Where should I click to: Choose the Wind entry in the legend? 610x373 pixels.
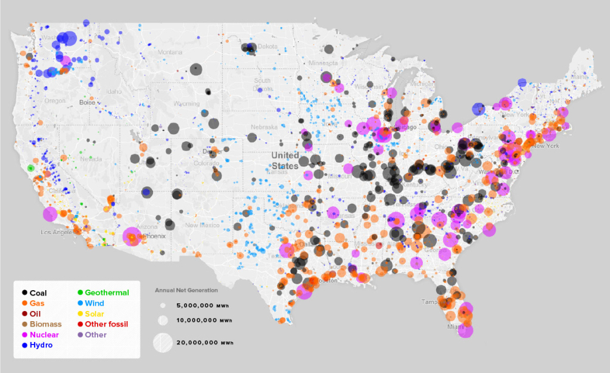[96, 303]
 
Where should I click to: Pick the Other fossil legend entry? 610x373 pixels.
[106, 324]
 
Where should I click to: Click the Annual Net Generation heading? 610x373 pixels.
[186, 290]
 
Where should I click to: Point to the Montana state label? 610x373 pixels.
[170, 52]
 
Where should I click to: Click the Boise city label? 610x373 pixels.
[87, 102]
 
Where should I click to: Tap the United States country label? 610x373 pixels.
[285, 160]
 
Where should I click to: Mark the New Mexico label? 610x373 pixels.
[200, 225]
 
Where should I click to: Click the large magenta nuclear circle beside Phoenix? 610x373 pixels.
[132, 237]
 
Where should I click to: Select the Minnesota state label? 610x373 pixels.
[323, 63]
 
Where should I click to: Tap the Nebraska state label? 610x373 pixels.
[264, 127]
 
